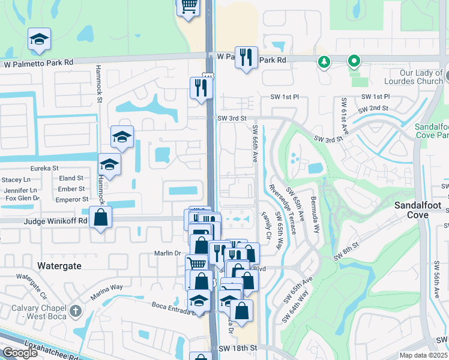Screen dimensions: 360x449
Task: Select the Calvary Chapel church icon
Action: tap(74, 311)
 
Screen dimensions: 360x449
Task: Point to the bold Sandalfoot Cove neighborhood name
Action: tap(418, 210)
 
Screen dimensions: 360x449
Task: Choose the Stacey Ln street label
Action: tap(16, 179)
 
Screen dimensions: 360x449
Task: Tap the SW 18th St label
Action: tap(238, 347)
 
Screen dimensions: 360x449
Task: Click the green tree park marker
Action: tap(324, 61)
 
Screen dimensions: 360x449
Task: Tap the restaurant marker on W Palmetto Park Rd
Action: tap(246, 58)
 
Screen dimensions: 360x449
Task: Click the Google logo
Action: tap(20, 353)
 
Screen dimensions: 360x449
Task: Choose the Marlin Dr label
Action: tap(169, 253)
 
